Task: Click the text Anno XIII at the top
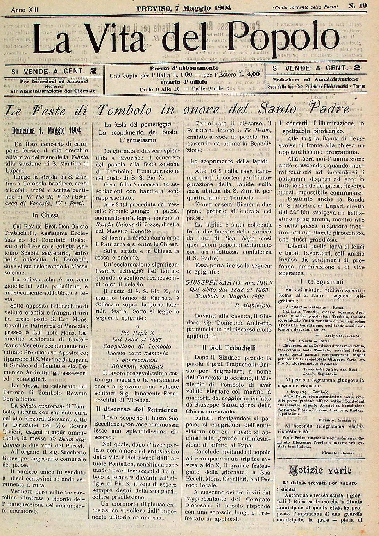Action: [24, 10]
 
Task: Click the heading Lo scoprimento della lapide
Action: [229, 161]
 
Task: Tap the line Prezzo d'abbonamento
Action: [184, 68]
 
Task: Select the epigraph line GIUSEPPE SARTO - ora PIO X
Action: [230, 283]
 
